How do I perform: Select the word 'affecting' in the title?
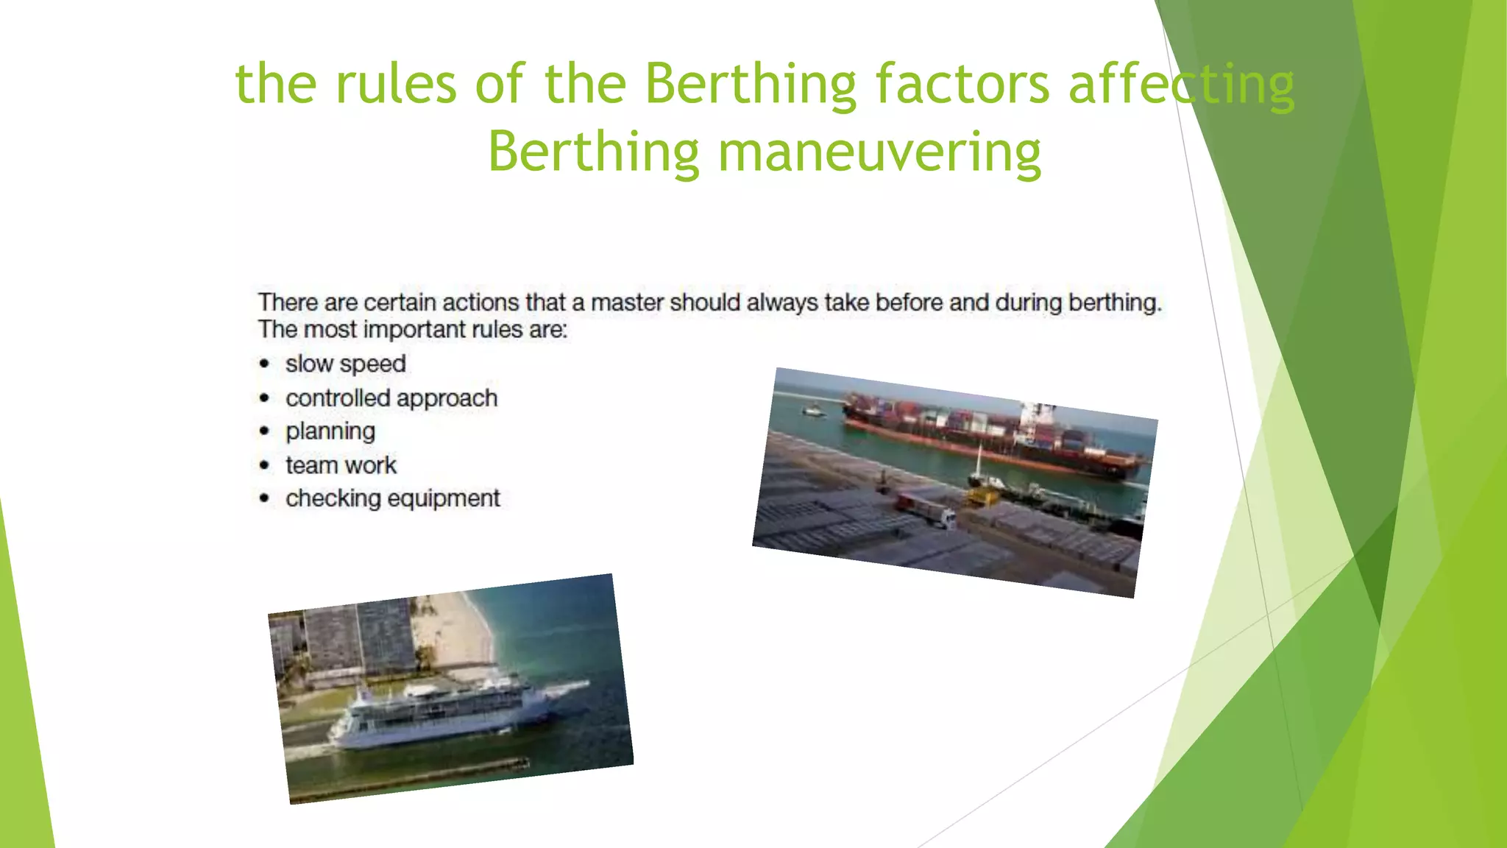(1180, 83)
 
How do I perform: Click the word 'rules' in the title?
(396, 83)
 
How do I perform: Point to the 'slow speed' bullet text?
(345, 364)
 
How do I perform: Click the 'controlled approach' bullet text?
(391, 398)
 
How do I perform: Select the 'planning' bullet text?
(330, 431)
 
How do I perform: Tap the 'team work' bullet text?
(341, 465)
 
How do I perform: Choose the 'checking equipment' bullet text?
(392, 498)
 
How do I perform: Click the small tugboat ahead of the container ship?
(812, 411)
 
